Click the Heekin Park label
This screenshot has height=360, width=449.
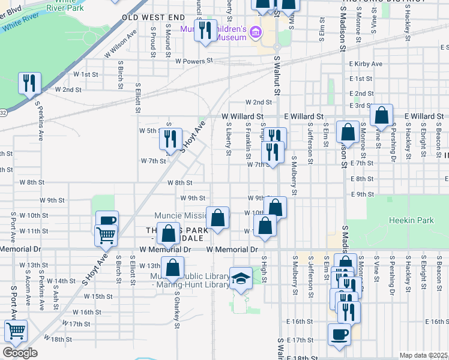pyautogui.click(x=411, y=221)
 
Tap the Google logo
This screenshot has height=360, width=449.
pyautogui.click(x=20, y=352)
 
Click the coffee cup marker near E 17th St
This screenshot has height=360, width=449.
pyautogui.click(x=339, y=334)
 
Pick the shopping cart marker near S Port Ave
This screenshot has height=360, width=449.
pyautogui.click(x=16, y=331)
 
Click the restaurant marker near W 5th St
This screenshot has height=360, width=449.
pyautogui.click(x=170, y=139)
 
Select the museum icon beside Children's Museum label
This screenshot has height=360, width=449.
pyautogui.click(x=256, y=32)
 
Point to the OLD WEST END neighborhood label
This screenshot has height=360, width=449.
pyautogui.click(x=154, y=18)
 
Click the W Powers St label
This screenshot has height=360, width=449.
pyautogui.click(x=194, y=61)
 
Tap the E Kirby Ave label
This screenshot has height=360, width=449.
pyautogui.click(x=365, y=64)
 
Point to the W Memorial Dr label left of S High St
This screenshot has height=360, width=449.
pyautogui.click(x=232, y=249)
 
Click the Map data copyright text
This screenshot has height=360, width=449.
pyautogui.click(x=423, y=355)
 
